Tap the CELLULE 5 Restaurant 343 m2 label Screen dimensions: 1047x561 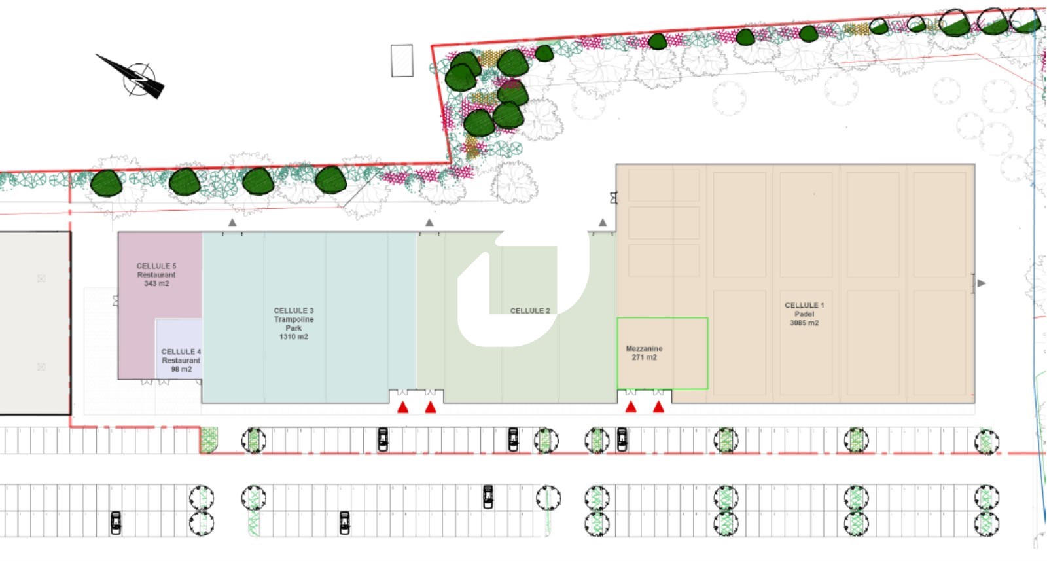tap(156, 275)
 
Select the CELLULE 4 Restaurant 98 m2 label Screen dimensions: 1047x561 tap(181, 361)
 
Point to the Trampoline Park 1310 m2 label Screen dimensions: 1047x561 tap(294, 323)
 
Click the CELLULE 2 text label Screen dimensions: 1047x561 tap(530, 311)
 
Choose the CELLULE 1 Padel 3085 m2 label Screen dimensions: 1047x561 tap(804, 314)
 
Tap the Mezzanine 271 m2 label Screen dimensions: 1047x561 tap(644, 353)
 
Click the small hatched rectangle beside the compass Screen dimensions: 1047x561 tap(402, 61)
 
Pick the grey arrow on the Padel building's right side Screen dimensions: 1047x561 tap(982, 283)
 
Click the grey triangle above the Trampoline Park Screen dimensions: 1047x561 tap(232, 223)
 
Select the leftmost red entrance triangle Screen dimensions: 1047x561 tap(403, 408)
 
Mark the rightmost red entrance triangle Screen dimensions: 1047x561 tap(658, 407)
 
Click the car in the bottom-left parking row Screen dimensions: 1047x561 tap(116, 522)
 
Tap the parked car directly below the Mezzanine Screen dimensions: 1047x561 tap(622, 439)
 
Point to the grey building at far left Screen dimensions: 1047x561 tap(35, 323)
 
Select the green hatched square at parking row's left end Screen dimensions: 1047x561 tap(209, 440)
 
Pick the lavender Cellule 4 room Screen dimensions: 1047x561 tap(179, 349)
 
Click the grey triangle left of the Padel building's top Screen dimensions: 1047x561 tap(603, 223)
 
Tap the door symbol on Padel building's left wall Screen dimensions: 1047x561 tap(614, 198)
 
